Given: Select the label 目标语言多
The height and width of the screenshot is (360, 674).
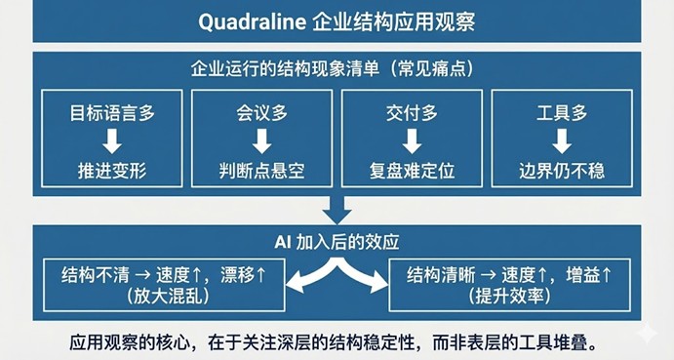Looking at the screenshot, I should click(x=111, y=113).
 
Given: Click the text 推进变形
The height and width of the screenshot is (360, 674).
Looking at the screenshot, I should click(x=111, y=171).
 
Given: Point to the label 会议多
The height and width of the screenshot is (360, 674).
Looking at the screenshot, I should click(x=261, y=113).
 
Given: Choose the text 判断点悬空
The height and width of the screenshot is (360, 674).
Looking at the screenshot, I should click(x=261, y=171).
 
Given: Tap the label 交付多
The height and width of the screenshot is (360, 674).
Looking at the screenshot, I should click(x=412, y=113).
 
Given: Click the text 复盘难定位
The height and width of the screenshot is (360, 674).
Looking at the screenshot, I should click(x=412, y=171).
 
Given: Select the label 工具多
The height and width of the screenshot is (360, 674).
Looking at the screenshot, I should click(x=562, y=113).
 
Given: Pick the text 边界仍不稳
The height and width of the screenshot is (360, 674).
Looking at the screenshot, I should click(x=562, y=171).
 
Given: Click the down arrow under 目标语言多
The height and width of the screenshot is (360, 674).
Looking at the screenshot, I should click(x=111, y=141).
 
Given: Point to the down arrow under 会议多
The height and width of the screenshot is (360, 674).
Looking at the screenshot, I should click(x=261, y=141).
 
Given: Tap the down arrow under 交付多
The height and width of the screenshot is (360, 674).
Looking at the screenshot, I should click(x=412, y=141).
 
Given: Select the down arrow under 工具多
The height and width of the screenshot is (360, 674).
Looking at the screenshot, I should click(x=562, y=141).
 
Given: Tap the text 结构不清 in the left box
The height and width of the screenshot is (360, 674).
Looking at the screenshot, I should click(x=93, y=274).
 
